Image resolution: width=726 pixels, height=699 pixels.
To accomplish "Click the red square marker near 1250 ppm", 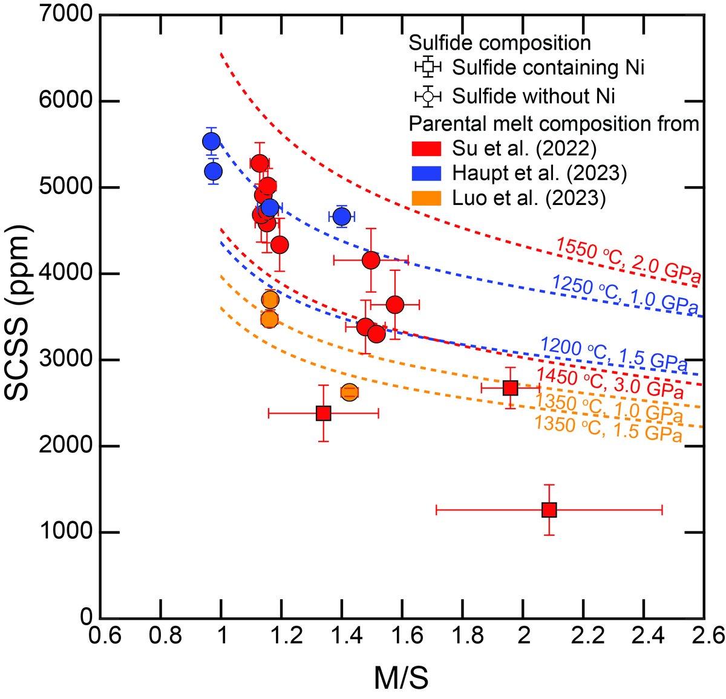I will [x=549, y=510].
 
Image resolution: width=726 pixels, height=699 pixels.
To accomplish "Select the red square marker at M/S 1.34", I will [x=324, y=413].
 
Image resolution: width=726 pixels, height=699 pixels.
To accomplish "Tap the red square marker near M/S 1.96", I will [x=510, y=388].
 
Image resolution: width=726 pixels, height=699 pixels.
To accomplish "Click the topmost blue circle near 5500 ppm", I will [x=211, y=141].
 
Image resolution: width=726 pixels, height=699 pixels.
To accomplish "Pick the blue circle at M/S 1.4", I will [x=342, y=216].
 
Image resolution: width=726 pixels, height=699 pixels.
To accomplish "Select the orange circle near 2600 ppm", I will [x=350, y=392].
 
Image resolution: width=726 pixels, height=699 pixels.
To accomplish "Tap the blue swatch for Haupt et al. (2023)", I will [x=426, y=174].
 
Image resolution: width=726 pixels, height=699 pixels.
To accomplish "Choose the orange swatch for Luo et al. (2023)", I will [x=426, y=198].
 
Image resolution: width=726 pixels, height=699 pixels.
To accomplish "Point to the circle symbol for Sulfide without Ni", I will [x=428, y=95].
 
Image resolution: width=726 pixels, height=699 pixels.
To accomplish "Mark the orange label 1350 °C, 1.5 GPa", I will [x=609, y=429].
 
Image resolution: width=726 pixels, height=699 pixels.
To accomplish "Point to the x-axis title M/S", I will [x=401, y=678].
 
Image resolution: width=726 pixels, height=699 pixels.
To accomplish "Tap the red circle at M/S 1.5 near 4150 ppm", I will [x=371, y=260].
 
